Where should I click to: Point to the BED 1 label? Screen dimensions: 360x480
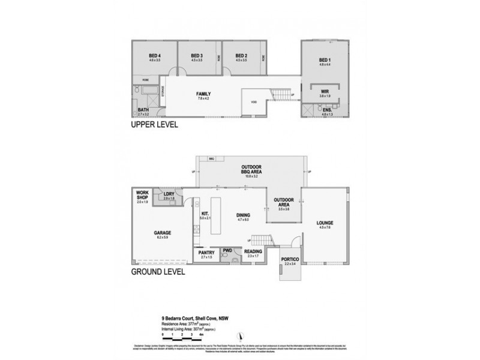pyautogui.click(x=324, y=61)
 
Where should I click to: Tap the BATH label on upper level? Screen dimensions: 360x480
pyautogui.click(x=143, y=109)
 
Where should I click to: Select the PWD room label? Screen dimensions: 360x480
pyautogui.click(x=227, y=251)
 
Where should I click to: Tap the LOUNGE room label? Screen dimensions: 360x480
pyautogui.click(x=325, y=223)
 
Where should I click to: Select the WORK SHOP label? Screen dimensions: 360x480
pyautogui.click(x=143, y=194)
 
